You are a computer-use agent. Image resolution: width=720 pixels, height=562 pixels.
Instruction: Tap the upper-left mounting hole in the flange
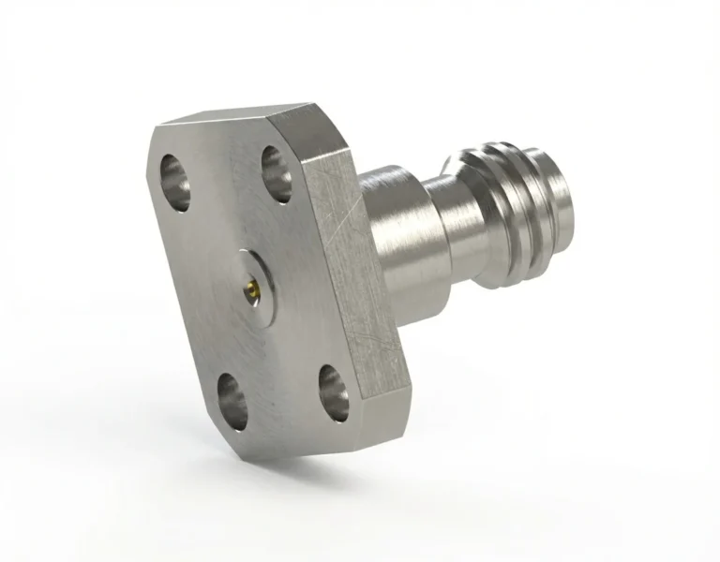click(x=175, y=178)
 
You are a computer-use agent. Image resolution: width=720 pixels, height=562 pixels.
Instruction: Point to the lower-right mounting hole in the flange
click(x=334, y=392)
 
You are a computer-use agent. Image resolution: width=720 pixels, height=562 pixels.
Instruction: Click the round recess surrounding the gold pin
click(x=252, y=277)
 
